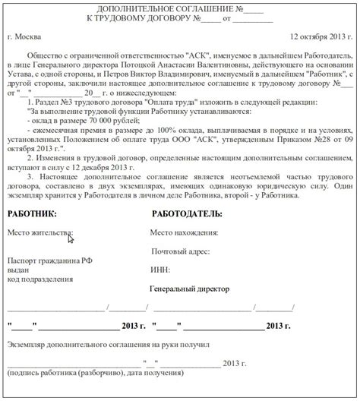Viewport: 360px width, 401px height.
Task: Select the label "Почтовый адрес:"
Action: coord(181,251)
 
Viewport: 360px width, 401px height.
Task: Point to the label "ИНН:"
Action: coord(161,270)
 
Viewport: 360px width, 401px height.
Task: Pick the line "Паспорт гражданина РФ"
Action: coord(50,260)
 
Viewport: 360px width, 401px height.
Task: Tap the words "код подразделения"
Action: coord(41,279)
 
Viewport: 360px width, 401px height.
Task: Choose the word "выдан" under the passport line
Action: coord(18,270)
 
